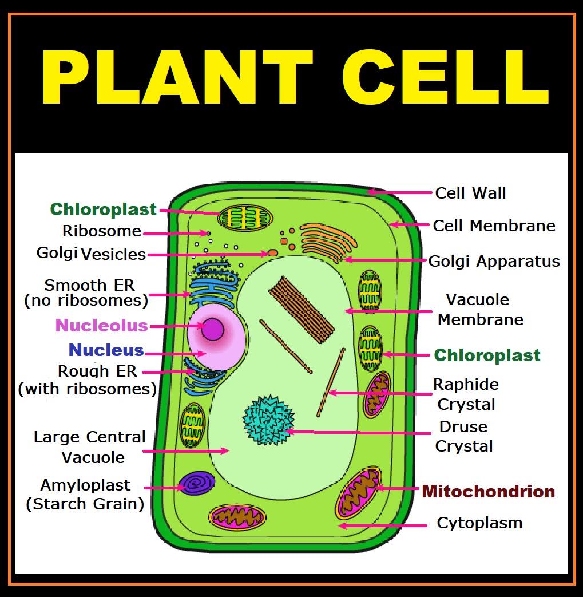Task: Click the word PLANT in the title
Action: pos(177,77)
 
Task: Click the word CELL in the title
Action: pos(446,77)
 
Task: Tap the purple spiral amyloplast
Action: pos(197,483)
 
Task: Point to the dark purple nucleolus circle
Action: pos(212,329)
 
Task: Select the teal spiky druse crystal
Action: pos(269,420)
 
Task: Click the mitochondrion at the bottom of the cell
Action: pos(237,517)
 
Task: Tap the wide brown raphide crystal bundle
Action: pos(302,310)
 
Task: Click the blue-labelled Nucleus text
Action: pos(106,350)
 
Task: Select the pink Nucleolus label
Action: pos(102,326)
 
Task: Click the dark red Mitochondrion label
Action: pos(488,492)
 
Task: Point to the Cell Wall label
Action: pos(470,193)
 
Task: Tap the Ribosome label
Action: pos(102,231)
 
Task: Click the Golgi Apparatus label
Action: pos(494,262)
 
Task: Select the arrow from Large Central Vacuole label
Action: pos(186,451)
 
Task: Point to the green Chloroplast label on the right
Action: pos(487,355)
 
